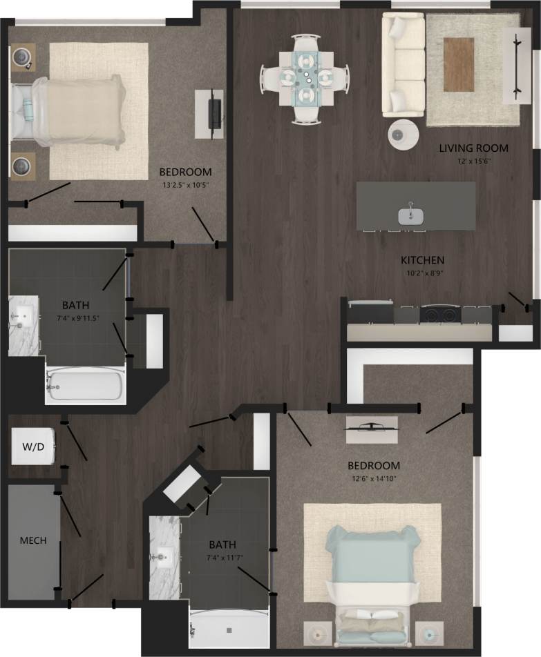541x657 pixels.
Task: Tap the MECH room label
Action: click(x=32, y=540)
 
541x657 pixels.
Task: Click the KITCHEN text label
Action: click(x=422, y=260)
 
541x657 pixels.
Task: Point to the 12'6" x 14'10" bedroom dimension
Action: click(x=374, y=478)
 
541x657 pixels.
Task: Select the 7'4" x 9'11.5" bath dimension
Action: click(x=75, y=317)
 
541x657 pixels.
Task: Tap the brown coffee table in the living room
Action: click(x=459, y=64)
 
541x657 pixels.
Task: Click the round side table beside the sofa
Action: click(x=403, y=135)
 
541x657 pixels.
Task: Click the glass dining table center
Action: click(x=305, y=79)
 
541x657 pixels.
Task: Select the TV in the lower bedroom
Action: click(x=372, y=426)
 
